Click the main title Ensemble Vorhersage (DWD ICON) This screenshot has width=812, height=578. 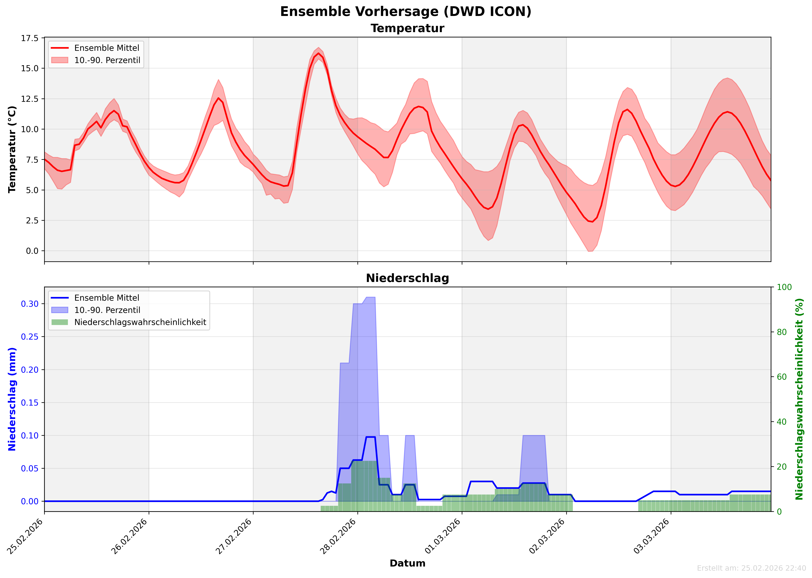coord(406,12)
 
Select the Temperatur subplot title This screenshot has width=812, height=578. coord(407,28)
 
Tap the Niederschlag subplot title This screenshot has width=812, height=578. coord(407,278)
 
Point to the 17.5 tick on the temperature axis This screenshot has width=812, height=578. coord(30,38)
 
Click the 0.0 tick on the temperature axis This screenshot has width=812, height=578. coord(32,251)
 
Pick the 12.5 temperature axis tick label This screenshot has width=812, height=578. coord(30,99)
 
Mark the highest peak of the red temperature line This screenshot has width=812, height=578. coord(319,53)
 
